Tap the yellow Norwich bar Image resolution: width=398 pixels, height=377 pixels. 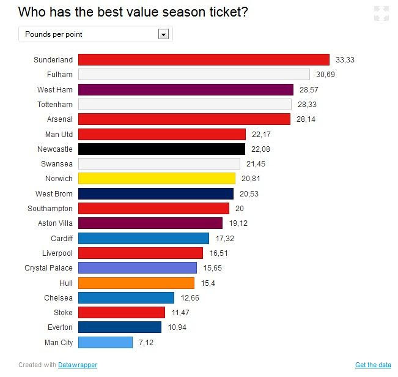tap(157, 179)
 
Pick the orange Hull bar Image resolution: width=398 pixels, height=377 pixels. tap(136, 283)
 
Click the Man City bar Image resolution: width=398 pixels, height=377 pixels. tap(105, 343)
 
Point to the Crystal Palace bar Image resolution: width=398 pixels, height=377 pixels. tap(138, 268)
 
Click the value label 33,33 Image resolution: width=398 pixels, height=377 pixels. tap(345, 60)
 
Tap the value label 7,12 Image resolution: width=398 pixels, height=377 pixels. tap(146, 343)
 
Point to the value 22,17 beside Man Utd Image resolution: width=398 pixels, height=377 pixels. tap(261, 134)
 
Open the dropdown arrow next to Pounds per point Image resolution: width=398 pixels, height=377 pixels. tap(163, 34)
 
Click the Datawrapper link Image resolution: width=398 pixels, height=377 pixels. tap(78, 365)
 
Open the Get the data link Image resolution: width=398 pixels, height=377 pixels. tap(373, 365)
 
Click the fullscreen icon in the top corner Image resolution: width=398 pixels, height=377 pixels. tap(381, 13)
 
